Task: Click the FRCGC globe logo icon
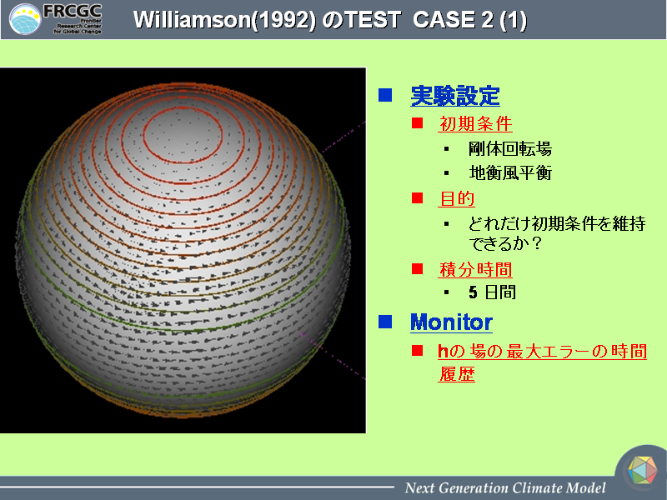click(x=25, y=19)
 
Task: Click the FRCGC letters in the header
click(x=73, y=11)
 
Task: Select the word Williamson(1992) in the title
click(x=224, y=20)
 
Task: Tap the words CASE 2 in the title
click(x=453, y=19)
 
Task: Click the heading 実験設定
click(x=455, y=96)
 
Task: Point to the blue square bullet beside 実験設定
click(x=385, y=95)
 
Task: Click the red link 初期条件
click(x=475, y=123)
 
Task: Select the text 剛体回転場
click(x=510, y=149)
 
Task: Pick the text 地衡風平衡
click(x=510, y=173)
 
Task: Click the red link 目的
click(x=456, y=198)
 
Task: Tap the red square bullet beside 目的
click(x=418, y=198)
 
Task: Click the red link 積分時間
click(x=475, y=269)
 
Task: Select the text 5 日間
click(x=492, y=292)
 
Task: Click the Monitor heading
click(x=451, y=322)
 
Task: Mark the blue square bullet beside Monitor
click(x=385, y=322)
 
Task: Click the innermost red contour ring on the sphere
click(x=183, y=107)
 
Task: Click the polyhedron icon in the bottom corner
click(x=642, y=470)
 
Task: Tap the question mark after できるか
click(x=537, y=243)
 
